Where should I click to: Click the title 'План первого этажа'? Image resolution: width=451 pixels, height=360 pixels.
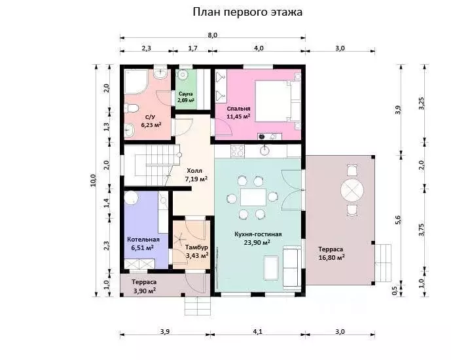247,12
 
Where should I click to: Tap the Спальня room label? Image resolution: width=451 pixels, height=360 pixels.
238,109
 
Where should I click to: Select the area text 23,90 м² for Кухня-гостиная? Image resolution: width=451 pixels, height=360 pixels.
257,242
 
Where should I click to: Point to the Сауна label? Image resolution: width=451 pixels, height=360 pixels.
186,94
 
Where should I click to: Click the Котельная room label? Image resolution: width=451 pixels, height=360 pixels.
143,240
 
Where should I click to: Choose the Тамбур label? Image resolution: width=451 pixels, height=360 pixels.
197,247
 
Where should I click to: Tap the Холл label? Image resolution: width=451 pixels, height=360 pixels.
194,171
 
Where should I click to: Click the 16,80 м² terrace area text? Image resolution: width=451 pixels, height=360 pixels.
332,257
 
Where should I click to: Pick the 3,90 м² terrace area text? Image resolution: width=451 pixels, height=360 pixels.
145,291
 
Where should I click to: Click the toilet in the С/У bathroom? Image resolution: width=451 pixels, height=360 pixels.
131,109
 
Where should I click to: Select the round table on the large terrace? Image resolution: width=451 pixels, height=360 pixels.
352,190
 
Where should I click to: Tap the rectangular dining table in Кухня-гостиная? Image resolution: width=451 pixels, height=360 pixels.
253,197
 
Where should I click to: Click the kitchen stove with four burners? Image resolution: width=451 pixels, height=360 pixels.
238,151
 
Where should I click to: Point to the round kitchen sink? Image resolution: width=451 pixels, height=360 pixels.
264,150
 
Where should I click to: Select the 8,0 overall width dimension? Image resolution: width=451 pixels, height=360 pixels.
213,35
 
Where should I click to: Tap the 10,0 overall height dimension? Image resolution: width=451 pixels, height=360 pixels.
93,181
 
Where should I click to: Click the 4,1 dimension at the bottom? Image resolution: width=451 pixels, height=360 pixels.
258,332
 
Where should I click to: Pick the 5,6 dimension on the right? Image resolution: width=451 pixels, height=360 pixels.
398,220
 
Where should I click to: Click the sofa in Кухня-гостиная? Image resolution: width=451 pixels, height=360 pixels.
292,267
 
